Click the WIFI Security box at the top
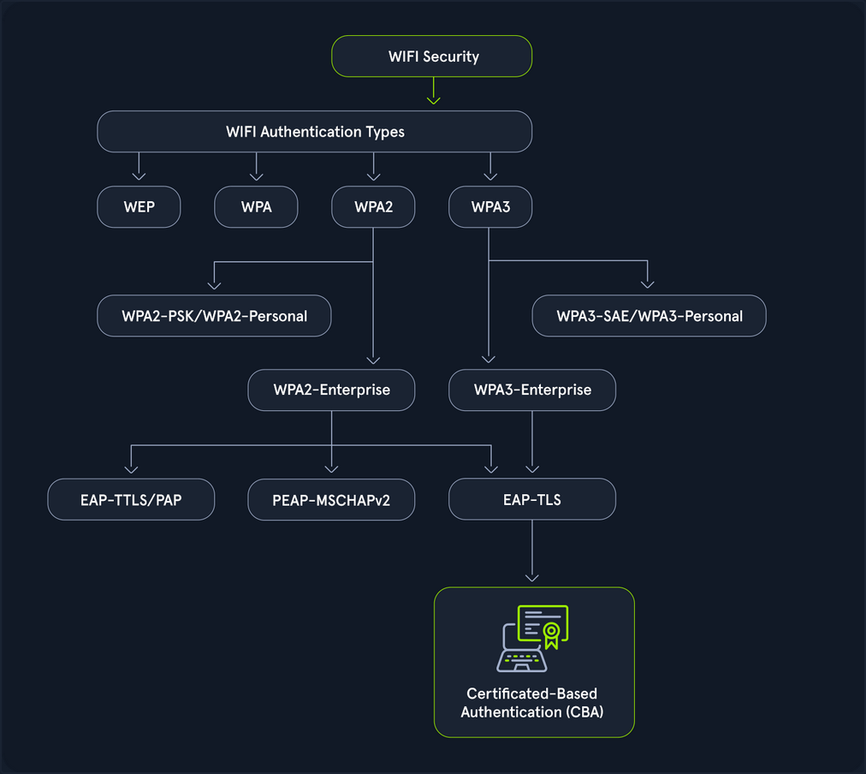click(432, 57)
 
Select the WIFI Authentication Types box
click(315, 132)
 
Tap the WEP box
click(139, 207)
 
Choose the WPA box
click(256, 207)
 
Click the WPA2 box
click(373, 207)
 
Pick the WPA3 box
click(490, 207)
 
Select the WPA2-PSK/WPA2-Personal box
click(214, 316)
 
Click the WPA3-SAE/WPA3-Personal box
click(649, 316)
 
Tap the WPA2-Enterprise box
click(331, 390)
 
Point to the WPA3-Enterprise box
click(532, 390)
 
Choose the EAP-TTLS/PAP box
click(131, 499)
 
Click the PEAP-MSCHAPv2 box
click(331, 499)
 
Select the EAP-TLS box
click(532, 499)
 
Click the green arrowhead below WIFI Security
click(433, 99)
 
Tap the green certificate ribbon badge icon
click(552, 634)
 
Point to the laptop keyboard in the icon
click(523, 659)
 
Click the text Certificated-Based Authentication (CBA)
click(532, 701)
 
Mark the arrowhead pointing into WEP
click(139, 176)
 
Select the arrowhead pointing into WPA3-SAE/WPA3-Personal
click(648, 283)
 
